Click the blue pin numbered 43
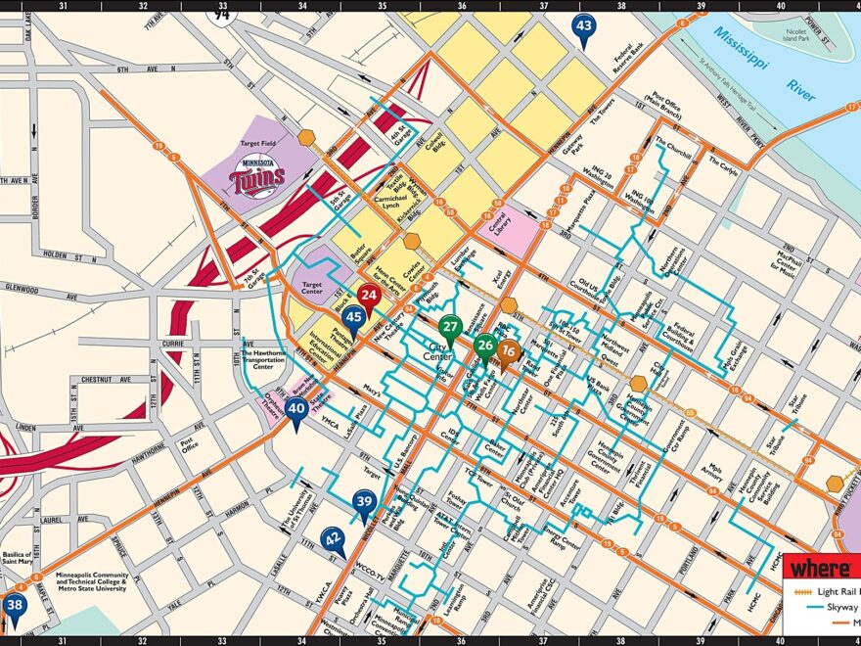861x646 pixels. (x=584, y=27)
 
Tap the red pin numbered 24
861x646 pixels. (x=368, y=295)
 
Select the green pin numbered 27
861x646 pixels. (x=450, y=328)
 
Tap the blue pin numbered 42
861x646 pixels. (x=334, y=538)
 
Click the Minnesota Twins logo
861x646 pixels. (x=257, y=179)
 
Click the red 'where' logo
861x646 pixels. (x=820, y=568)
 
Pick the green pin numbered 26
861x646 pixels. (x=484, y=346)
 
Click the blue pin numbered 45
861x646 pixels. (x=354, y=317)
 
